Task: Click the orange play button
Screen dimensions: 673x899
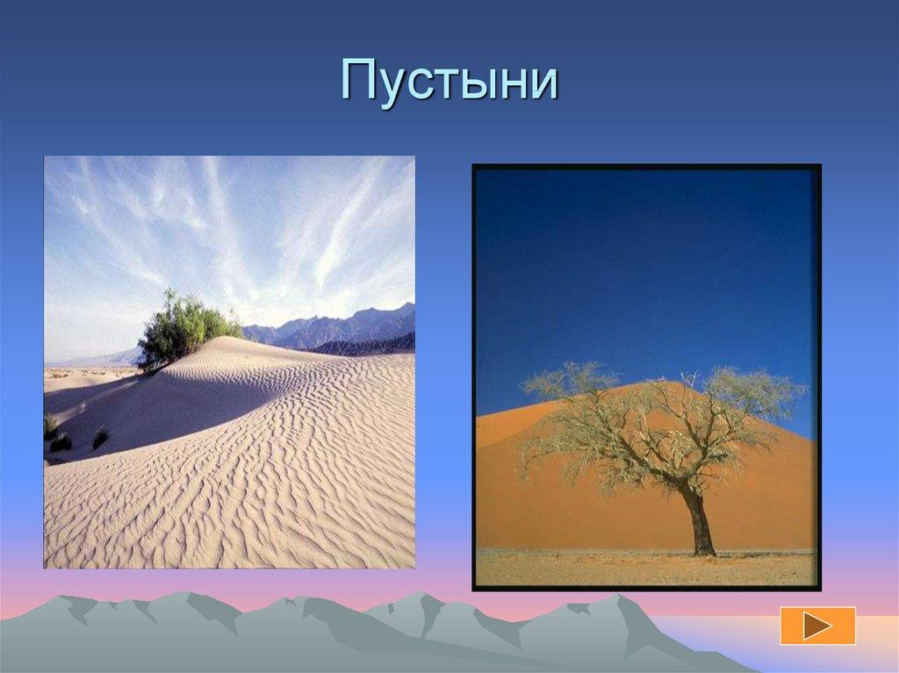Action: coord(817,626)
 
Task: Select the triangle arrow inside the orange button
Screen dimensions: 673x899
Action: coord(819,626)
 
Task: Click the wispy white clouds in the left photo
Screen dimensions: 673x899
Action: coord(263,219)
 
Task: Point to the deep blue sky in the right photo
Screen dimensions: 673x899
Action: coord(645,263)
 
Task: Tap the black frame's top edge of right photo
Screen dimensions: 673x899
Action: coord(646,167)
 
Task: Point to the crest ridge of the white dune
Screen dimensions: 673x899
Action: coord(263,351)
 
